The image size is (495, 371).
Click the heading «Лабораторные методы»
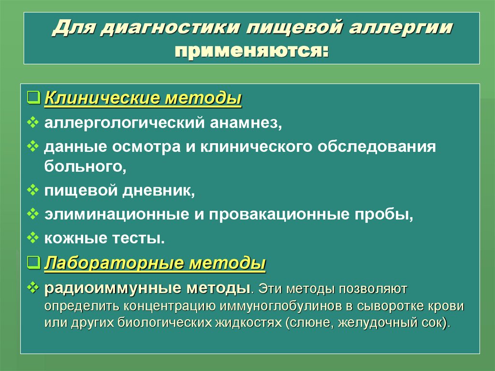click(x=155, y=264)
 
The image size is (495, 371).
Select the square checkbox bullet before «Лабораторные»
click(x=34, y=263)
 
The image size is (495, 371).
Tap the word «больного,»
click(x=85, y=167)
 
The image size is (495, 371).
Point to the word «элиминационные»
click(x=117, y=214)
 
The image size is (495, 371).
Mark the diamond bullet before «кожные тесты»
click(x=34, y=237)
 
